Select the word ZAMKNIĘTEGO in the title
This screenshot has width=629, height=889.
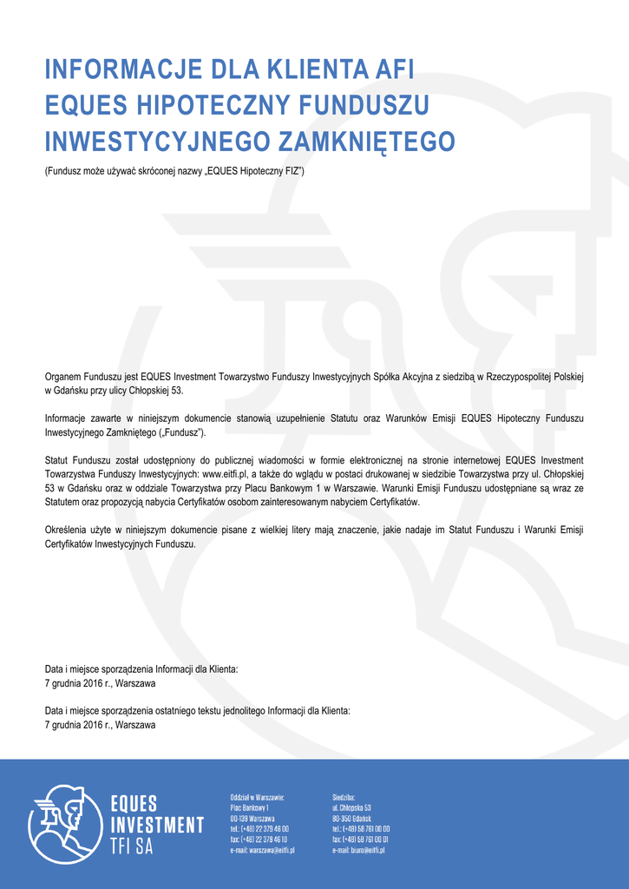click(367, 141)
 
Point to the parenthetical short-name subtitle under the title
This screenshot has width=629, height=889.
click(174, 172)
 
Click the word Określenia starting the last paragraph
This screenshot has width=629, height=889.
click(67, 530)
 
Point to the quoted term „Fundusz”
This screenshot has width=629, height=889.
click(182, 431)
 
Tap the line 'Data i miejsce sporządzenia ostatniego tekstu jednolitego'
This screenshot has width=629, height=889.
click(197, 710)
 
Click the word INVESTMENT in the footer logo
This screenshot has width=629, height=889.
click(157, 825)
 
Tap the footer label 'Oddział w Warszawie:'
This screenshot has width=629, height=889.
click(258, 796)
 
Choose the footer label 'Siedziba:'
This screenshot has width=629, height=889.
click(344, 796)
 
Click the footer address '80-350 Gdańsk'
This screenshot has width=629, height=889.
click(351, 818)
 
